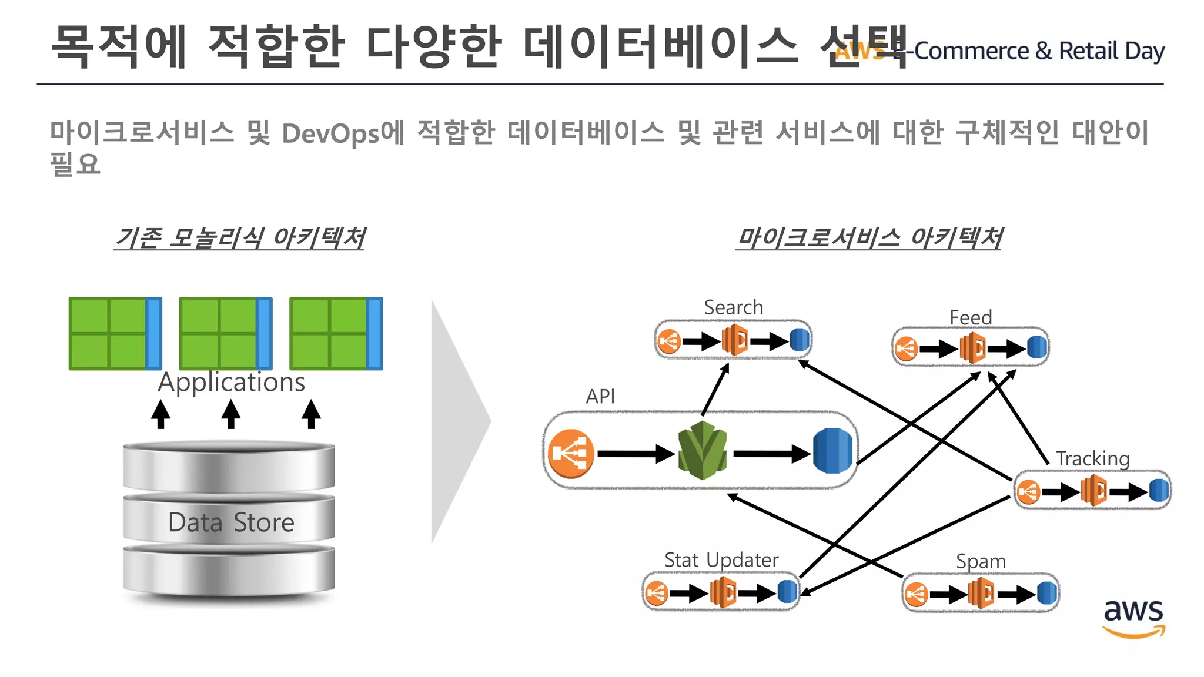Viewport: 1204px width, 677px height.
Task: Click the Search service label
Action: (x=733, y=307)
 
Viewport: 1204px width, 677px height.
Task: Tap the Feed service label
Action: (x=971, y=317)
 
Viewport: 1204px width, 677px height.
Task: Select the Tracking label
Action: (x=1092, y=458)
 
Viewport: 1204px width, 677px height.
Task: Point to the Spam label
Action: (x=981, y=561)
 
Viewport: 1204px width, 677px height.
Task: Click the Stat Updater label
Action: (x=721, y=560)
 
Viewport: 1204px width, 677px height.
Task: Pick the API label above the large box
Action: (x=600, y=397)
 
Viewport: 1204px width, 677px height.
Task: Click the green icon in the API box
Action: (x=703, y=450)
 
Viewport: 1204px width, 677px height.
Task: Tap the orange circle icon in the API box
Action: (x=570, y=454)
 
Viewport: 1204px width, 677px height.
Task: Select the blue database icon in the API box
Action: (x=833, y=451)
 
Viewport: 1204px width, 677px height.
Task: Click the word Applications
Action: (x=232, y=383)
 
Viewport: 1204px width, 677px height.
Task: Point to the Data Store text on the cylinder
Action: (x=231, y=522)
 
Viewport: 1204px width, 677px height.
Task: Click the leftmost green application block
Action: (x=115, y=334)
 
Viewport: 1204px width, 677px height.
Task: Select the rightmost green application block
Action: (x=336, y=334)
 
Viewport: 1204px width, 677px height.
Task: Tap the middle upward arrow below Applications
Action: (x=231, y=414)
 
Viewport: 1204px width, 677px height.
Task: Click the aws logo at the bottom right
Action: (x=1133, y=617)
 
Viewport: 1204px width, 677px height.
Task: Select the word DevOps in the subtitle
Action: (x=331, y=133)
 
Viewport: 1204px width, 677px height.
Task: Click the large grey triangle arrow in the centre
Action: (x=459, y=421)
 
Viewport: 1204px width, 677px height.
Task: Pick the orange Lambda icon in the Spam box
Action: (x=981, y=594)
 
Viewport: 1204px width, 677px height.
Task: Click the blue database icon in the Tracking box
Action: (x=1158, y=490)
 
